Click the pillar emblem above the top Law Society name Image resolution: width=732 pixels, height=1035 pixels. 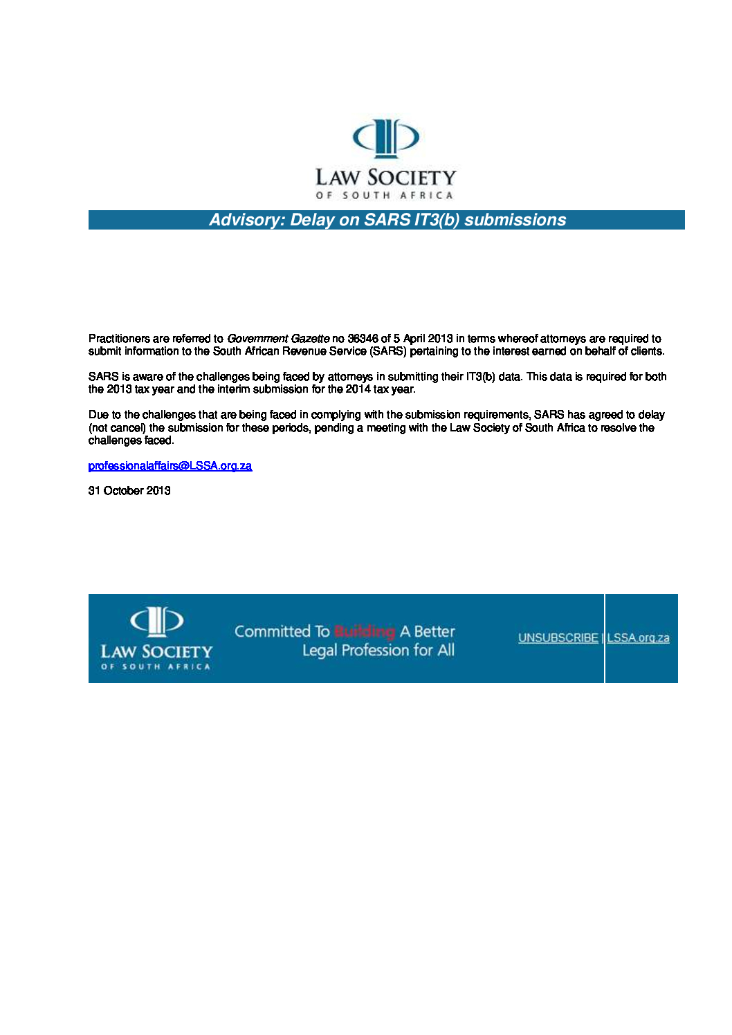(x=386, y=138)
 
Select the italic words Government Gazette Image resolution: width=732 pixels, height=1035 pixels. (x=278, y=339)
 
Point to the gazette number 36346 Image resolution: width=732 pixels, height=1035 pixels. (x=363, y=339)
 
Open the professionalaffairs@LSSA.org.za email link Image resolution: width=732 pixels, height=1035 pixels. (x=170, y=466)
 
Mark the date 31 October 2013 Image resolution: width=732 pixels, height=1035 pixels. (x=129, y=491)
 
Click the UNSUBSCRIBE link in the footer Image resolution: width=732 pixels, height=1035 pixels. (x=558, y=638)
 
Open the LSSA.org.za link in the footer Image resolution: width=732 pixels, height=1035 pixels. (x=638, y=638)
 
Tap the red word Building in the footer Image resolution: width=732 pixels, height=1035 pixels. (x=365, y=631)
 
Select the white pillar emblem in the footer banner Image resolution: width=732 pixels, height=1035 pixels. (x=157, y=621)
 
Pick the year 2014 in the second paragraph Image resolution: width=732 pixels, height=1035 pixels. (x=358, y=389)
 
